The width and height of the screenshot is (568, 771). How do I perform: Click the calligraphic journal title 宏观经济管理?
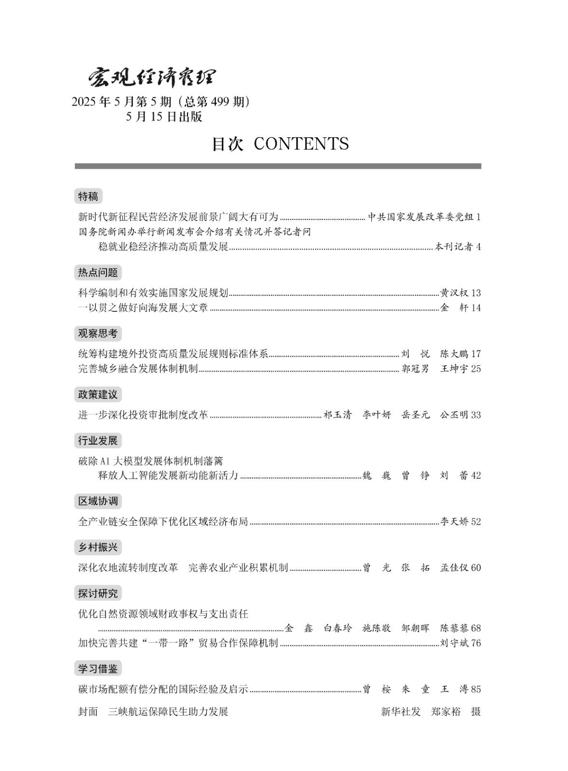tap(151, 77)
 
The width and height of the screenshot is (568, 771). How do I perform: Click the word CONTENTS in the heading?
tap(301, 144)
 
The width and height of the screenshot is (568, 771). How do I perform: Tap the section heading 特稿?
tap(88, 196)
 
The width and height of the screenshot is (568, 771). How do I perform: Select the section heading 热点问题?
tap(98, 272)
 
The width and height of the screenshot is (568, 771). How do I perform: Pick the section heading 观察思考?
tap(98, 333)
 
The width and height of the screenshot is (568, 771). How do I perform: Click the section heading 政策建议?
tap(98, 394)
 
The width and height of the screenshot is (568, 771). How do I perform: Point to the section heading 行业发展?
tap(98, 440)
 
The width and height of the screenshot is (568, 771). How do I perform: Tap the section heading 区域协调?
tap(98, 501)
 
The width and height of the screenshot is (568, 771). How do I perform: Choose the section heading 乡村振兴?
tap(98, 547)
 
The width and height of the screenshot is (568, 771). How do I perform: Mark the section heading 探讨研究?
tap(98, 593)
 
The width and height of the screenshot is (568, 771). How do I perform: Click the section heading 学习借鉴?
tap(98, 668)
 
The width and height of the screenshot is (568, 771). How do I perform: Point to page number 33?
tap(475, 415)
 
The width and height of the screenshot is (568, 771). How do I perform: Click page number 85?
tap(475, 689)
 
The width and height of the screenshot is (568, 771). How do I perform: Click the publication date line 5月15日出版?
tap(164, 117)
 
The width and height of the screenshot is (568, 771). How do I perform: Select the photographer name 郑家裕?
tap(446, 711)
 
